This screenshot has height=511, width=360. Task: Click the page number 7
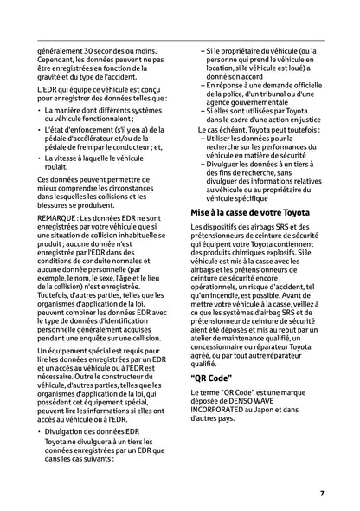[321, 494]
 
